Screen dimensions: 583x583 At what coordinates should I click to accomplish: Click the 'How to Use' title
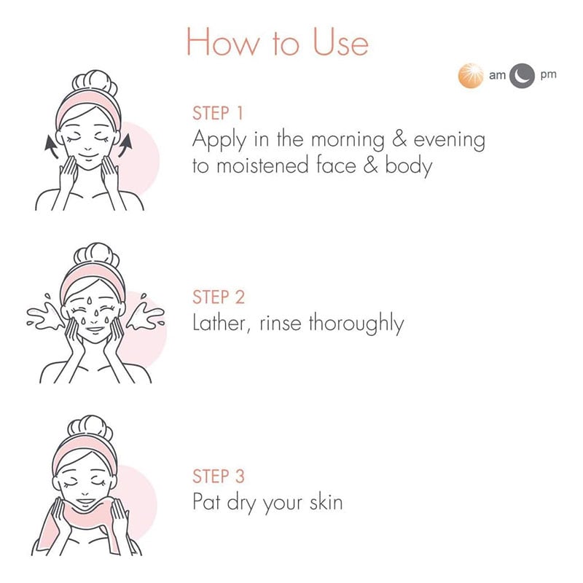click(278, 42)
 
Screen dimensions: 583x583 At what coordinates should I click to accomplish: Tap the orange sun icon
click(471, 76)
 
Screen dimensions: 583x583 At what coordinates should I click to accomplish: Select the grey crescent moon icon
click(522, 76)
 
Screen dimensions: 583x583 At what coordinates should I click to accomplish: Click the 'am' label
click(497, 75)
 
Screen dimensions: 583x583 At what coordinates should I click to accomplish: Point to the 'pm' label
click(549, 75)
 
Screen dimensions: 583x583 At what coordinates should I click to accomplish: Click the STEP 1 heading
click(218, 113)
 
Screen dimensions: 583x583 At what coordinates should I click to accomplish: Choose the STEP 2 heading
click(219, 297)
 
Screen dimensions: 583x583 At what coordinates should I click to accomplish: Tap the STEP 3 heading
click(219, 477)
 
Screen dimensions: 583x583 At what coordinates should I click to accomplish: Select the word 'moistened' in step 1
click(262, 165)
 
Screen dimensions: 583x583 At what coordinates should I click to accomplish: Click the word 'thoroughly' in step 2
click(356, 324)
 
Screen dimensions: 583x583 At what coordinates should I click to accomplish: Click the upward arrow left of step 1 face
click(50, 146)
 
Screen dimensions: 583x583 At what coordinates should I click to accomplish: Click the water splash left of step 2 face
click(44, 315)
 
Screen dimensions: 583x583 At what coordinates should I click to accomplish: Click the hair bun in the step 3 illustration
click(90, 428)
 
